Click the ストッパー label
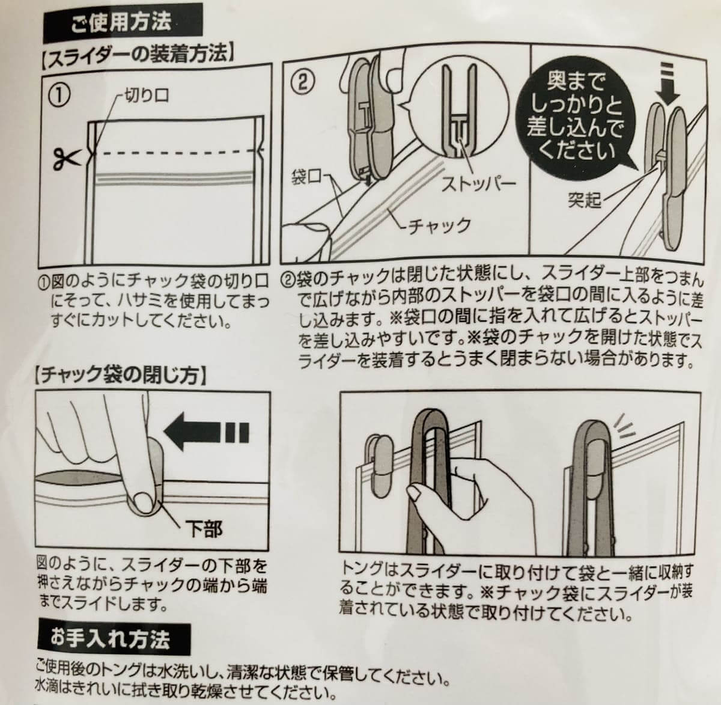478,183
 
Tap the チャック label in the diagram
439,226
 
